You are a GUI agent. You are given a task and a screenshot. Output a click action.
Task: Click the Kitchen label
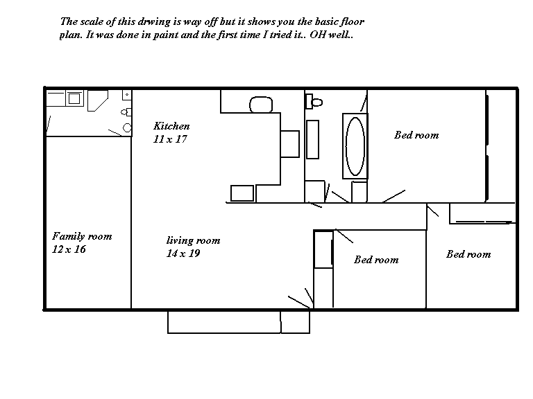click(171, 126)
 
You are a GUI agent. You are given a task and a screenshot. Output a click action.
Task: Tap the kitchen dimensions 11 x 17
click(170, 139)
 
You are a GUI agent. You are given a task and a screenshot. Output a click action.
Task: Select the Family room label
click(82, 236)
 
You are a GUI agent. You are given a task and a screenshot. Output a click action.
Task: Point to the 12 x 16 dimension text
click(69, 249)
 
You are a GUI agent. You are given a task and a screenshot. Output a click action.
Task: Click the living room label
click(193, 240)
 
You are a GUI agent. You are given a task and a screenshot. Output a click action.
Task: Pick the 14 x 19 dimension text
click(183, 254)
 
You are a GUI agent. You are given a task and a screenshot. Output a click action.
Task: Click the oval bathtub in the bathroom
click(355, 146)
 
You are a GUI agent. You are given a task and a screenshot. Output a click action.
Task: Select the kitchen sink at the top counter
click(261, 105)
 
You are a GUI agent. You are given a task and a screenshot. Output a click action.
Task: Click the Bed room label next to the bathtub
click(416, 135)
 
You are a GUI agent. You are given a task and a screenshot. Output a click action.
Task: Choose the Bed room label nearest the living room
click(376, 260)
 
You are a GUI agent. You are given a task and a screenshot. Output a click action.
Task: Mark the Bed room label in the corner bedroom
click(468, 254)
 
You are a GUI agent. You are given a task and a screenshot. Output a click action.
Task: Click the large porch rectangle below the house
click(224, 322)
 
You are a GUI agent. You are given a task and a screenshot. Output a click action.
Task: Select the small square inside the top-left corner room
click(74, 98)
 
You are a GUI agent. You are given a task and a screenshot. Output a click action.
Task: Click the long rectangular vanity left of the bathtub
click(313, 139)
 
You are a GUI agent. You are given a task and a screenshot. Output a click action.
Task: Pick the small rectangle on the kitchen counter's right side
click(290, 144)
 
